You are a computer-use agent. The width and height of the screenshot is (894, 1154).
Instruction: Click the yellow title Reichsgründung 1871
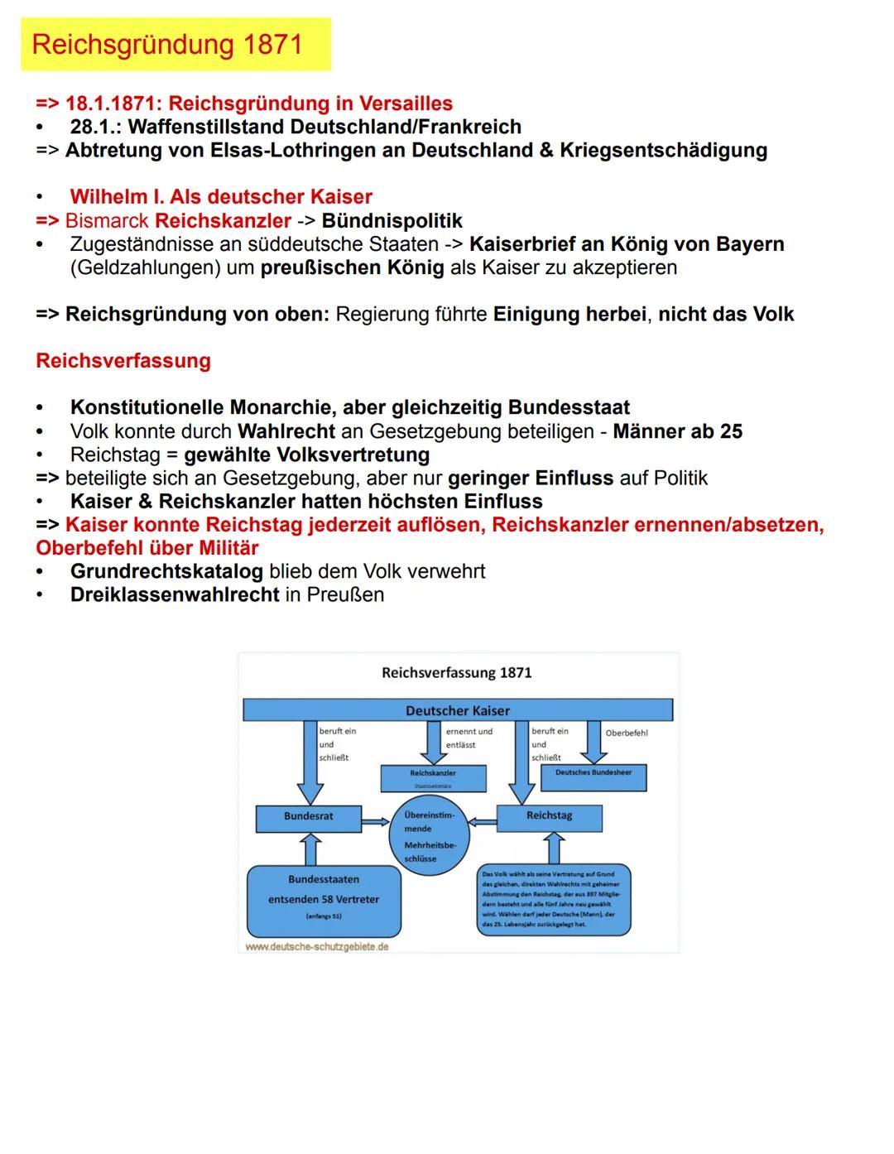[x=168, y=45]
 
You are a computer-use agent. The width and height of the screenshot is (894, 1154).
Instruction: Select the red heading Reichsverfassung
[x=123, y=361]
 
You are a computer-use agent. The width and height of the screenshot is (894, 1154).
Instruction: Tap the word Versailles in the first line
[x=406, y=103]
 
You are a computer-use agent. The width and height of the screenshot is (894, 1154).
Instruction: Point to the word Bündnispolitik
[x=392, y=221]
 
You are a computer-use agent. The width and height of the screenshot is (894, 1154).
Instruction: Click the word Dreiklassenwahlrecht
[x=175, y=594]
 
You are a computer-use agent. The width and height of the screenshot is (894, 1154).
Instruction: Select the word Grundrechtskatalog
[x=166, y=571]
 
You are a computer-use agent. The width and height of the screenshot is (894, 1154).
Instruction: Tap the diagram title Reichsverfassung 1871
[x=456, y=672]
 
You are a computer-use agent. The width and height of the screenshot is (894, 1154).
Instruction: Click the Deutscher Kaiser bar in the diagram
[x=457, y=710]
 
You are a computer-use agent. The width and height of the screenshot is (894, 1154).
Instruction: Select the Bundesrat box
[x=308, y=817]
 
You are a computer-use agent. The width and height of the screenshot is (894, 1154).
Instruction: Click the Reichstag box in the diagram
[x=549, y=817]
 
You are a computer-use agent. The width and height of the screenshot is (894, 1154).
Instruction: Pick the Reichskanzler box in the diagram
[x=433, y=777]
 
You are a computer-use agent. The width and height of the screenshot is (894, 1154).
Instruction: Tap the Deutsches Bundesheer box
[x=593, y=776]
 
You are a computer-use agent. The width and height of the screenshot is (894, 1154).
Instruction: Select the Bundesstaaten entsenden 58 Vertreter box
[x=323, y=901]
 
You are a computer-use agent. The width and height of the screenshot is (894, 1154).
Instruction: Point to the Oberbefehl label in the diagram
[x=627, y=733]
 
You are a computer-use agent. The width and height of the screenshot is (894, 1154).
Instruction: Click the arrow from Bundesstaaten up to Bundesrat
[x=310, y=849]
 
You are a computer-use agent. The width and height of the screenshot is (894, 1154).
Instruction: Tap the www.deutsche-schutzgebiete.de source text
[x=317, y=946]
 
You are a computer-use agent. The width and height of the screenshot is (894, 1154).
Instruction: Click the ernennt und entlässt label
[x=469, y=738]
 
